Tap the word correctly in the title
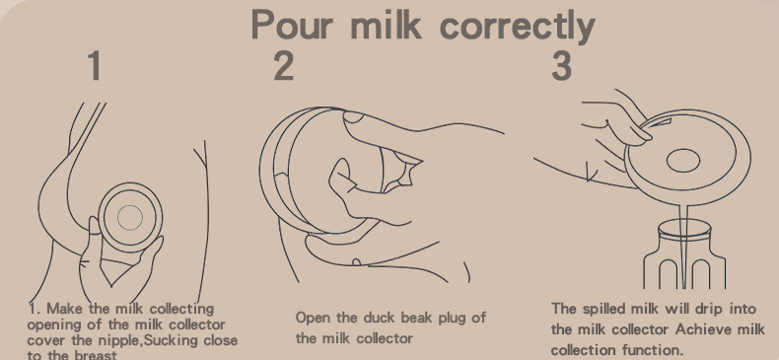pos(518,26)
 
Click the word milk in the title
pos(386,24)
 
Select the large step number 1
pos(95,65)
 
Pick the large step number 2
pos(284,65)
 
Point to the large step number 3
pos(561,65)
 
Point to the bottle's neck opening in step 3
pos(684,230)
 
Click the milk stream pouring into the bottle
pos(684,247)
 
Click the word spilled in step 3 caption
pos(603,310)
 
